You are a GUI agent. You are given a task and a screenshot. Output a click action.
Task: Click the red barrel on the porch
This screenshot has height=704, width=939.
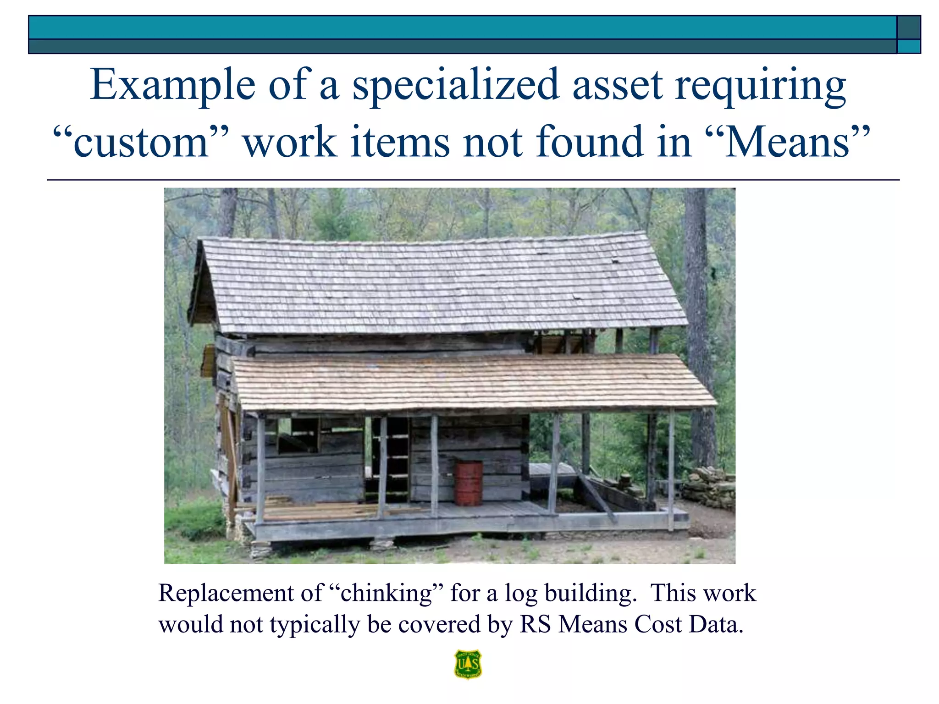(x=468, y=483)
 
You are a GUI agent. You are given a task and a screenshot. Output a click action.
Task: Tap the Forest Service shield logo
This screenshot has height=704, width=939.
(x=468, y=664)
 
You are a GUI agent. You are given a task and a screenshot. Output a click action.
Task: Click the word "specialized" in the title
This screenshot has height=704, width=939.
(x=456, y=85)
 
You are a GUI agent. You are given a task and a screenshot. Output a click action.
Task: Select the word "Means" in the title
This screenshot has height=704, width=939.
(x=787, y=142)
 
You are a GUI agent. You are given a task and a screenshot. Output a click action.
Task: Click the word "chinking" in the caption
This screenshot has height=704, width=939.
(x=387, y=593)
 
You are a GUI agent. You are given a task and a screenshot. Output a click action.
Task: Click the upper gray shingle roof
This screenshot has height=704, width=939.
(x=440, y=284)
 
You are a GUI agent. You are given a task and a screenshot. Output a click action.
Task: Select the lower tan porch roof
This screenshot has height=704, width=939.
(x=472, y=383)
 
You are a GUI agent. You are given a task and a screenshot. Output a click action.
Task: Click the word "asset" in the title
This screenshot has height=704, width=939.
(x=617, y=85)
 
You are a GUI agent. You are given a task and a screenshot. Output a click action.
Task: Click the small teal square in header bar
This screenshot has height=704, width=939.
(x=908, y=46)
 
